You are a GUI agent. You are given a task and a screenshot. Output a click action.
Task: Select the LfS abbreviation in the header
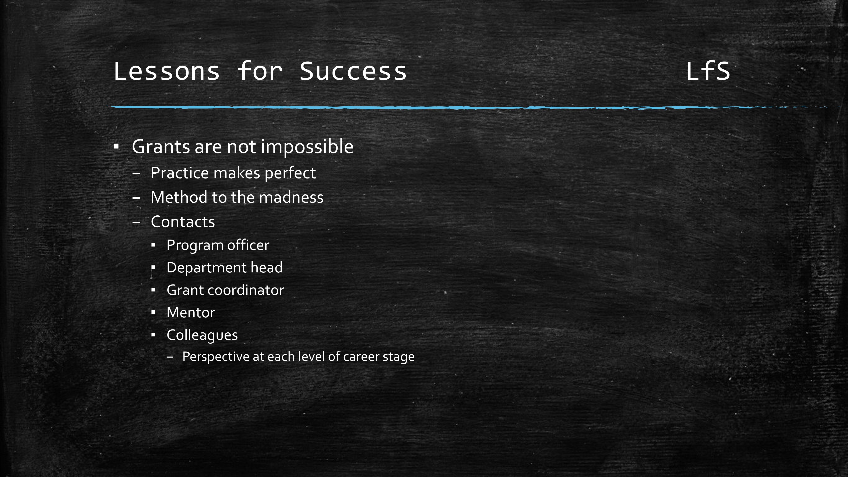[708, 71]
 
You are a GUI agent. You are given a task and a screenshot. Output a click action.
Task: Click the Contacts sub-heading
[183, 222]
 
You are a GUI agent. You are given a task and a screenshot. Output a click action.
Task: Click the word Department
[207, 268]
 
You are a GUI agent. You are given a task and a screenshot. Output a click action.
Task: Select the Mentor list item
[191, 312]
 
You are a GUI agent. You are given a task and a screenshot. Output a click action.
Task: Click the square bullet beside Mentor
[153, 313]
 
